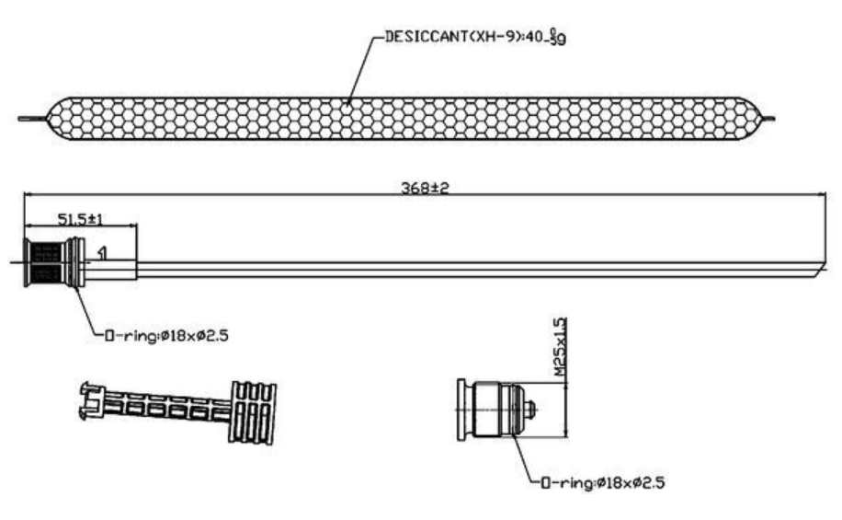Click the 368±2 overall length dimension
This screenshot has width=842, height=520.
pos(425,188)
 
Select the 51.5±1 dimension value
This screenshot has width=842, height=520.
pos(80,219)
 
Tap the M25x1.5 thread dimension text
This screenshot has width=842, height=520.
pos(560,347)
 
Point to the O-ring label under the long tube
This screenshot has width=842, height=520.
pos(166,336)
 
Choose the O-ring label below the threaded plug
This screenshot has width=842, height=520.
pos(602,482)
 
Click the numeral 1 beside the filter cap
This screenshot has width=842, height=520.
pos(103,253)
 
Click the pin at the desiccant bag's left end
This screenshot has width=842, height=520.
pos(32,119)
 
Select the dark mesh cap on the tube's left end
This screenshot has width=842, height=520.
pos(47,262)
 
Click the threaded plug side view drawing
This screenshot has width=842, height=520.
pos(496,410)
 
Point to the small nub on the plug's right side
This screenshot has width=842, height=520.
pos(530,410)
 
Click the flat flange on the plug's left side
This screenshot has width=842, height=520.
pos(461,410)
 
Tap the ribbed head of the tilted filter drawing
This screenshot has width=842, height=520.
pos(253,413)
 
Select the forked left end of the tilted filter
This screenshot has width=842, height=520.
pos(90,400)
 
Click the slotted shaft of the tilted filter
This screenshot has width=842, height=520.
pos(166,407)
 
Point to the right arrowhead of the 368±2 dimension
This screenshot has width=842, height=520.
pos(822,194)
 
